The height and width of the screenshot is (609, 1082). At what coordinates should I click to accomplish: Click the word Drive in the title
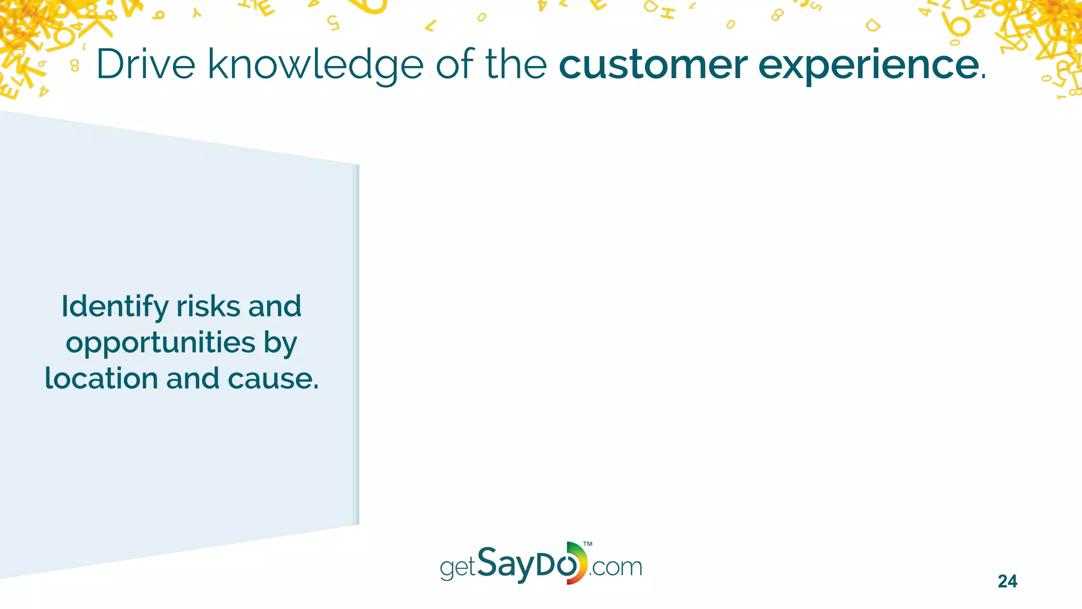(x=146, y=64)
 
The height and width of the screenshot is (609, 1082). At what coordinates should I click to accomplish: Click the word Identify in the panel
(x=115, y=307)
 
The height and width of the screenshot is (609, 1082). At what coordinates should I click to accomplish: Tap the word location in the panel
(x=101, y=379)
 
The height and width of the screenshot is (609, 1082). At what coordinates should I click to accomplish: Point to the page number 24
(x=1007, y=582)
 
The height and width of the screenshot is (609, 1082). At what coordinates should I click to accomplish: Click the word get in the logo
(x=458, y=568)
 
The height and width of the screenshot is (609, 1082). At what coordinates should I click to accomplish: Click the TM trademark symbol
(x=587, y=544)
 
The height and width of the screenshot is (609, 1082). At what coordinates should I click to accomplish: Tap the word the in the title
(x=516, y=64)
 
